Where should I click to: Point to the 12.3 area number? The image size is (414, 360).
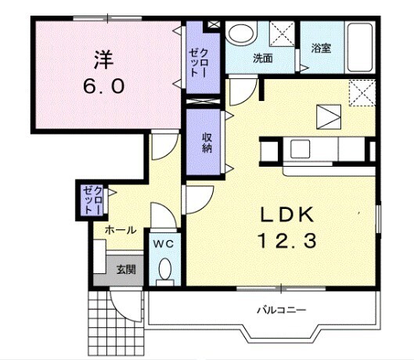tap(286, 242)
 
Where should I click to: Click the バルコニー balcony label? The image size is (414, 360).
tap(280, 310)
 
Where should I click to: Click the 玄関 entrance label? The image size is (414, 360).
tap(125, 269)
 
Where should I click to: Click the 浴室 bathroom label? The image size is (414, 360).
tap(321, 48)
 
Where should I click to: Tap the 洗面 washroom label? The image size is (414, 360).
tap(262, 58)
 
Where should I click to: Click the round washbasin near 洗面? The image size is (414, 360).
tap(241, 34)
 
